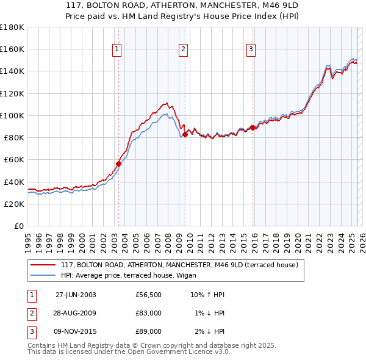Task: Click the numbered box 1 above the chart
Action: click(x=117, y=50)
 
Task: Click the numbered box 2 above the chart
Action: click(x=183, y=50)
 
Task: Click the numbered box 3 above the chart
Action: click(x=251, y=50)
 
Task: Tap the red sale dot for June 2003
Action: click(x=119, y=164)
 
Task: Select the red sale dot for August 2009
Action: click(x=185, y=134)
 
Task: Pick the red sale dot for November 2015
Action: click(x=253, y=128)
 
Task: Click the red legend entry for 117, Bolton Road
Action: click(x=179, y=265)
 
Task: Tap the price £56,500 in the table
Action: click(x=149, y=295)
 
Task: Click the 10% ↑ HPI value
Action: click(x=208, y=295)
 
